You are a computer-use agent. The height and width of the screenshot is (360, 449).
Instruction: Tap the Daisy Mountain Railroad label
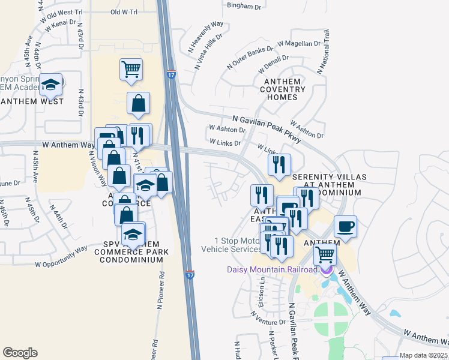coord(272,269)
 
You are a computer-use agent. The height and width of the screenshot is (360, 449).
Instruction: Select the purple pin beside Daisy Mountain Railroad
coord(327,269)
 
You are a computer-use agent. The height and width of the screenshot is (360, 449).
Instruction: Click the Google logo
coord(20,353)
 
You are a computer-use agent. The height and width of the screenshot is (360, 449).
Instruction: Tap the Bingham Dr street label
coord(246,5)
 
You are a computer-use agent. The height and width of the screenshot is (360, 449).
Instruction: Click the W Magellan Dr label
coord(300,44)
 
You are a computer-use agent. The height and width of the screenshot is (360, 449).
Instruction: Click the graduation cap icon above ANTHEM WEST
coord(51,85)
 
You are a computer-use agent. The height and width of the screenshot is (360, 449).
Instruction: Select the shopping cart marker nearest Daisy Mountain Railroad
coord(325,254)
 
